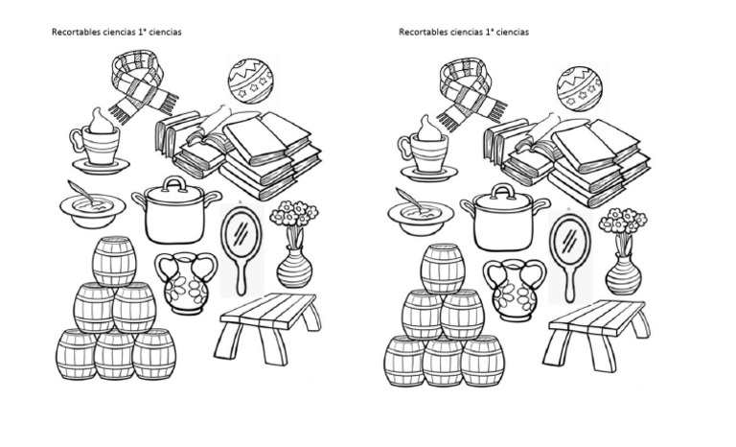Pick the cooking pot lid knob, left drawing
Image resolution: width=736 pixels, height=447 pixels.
pos(173,182)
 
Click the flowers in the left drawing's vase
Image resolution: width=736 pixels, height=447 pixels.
pos(294,217)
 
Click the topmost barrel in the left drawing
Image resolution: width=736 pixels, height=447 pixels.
pos(114,261)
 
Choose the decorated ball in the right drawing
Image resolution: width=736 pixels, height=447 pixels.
pos(579,87)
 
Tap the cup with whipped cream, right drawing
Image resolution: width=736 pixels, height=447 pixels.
pos(426,149)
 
